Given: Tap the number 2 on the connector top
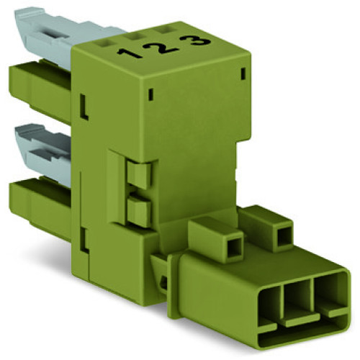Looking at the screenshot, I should coord(166,47).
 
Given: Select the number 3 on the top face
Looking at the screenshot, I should coord(202,41).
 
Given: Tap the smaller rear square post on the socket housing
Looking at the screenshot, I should coord(279,228).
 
